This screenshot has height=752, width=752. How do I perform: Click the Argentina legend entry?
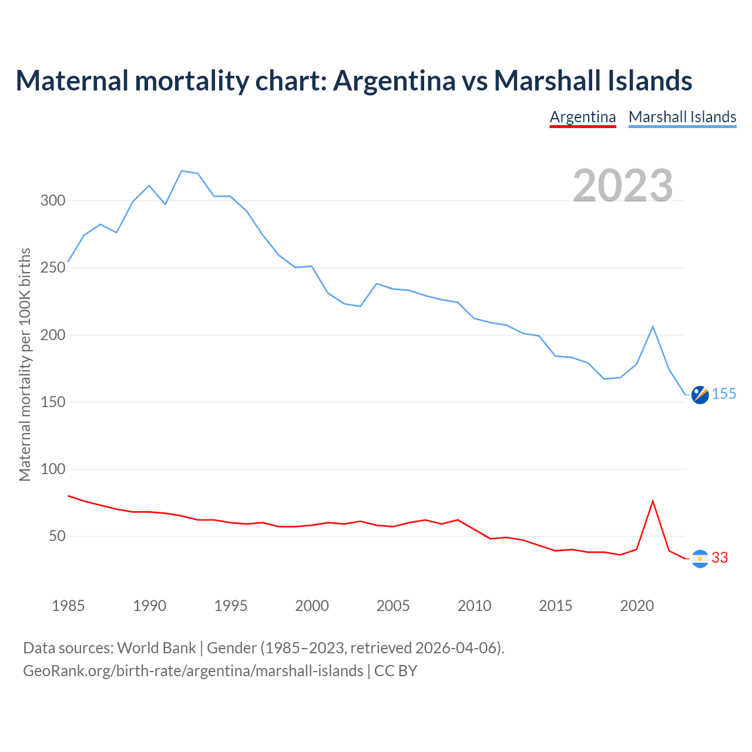(x=582, y=117)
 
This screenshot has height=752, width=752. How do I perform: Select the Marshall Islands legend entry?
(x=682, y=117)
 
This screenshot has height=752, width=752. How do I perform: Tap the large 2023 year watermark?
(x=623, y=185)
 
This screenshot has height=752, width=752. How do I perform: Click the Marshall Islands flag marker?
(x=700, y=395)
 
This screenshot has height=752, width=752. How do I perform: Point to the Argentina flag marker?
(x=700, y=559)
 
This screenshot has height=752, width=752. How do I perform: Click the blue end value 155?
(x=724, y=394)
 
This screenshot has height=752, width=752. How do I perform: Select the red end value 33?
(x=720, y=558)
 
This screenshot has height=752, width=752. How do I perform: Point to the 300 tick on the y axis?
(x=52, y=201)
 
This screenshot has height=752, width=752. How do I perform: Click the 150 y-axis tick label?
(x=52, y=402)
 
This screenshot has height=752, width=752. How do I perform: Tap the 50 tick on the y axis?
(x=56, y=536)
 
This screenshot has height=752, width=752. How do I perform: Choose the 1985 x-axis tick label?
(x=68, y=606)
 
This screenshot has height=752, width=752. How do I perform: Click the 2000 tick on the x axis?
(x=312, y=606)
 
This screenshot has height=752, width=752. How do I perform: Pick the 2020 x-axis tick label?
(x=637, y=606)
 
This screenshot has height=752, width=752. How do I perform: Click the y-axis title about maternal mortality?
(x=25, y=364)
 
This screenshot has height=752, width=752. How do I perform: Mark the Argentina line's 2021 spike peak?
(x=653, y=501)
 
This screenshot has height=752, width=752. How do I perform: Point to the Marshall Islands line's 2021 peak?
(x=653, y=327)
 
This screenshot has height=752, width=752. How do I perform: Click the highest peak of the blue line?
(x=182, y=171)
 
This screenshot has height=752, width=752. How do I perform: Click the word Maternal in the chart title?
(x=72, y=80)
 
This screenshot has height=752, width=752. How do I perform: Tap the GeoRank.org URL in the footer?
(x=193, y=671)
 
